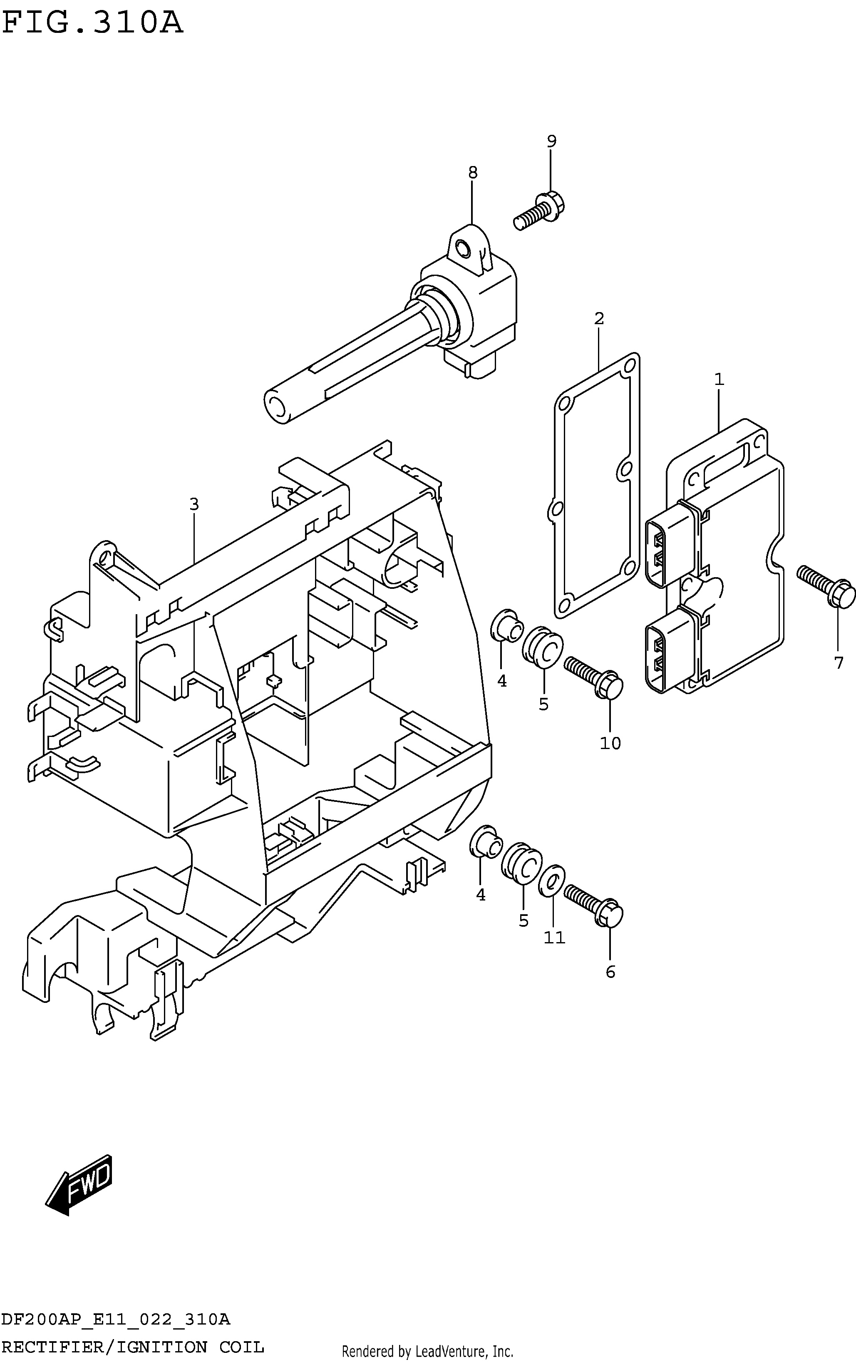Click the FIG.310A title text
pos(93,24)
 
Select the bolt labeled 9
pos(540,211)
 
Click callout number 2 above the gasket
pos(599,319)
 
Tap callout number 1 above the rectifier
pos(719,379)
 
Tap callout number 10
pos(610,743)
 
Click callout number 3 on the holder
pos(194,504)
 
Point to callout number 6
pos(610,972)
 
